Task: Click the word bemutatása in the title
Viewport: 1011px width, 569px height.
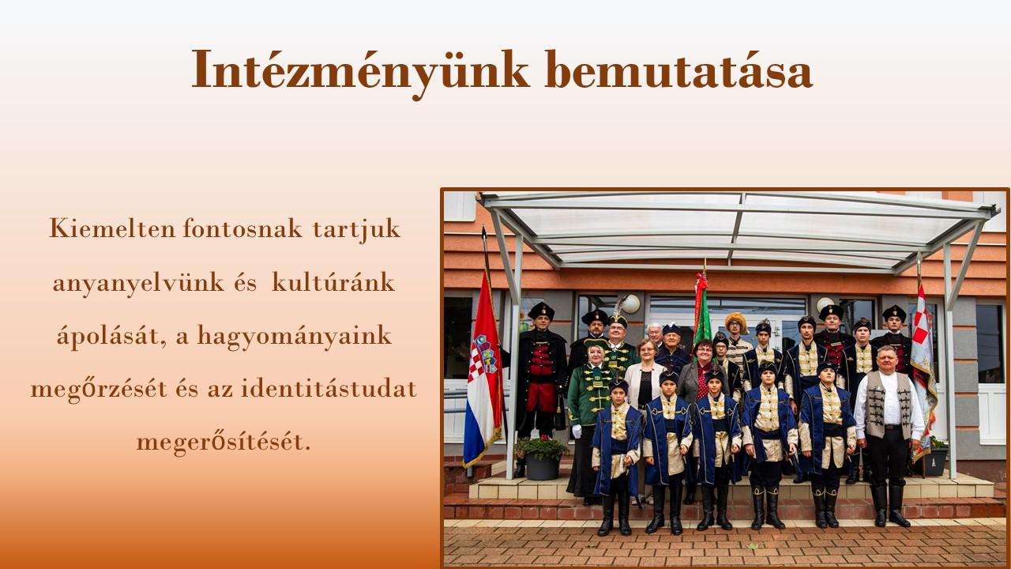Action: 678,70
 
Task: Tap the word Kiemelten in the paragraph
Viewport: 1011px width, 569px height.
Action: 112,228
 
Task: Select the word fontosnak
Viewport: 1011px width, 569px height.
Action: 242,228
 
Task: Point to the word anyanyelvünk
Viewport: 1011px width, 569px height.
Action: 138,284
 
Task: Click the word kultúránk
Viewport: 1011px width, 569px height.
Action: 333,282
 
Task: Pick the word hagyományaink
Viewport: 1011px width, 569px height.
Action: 295,337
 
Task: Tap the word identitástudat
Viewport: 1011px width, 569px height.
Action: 329,388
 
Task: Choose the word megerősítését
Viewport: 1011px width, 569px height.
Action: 224,442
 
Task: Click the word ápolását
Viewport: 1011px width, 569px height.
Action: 111,337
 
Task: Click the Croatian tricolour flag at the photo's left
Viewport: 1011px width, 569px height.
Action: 483,371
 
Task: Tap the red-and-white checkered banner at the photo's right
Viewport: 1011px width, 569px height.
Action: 923,371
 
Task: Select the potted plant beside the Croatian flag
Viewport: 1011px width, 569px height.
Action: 542,457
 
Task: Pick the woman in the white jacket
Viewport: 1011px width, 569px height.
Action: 645,375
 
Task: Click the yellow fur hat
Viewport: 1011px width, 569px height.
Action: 736,322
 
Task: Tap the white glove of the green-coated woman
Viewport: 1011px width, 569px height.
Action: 577,431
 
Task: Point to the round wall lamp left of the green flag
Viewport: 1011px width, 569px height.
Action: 630,303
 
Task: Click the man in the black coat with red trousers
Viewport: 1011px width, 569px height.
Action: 541,371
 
